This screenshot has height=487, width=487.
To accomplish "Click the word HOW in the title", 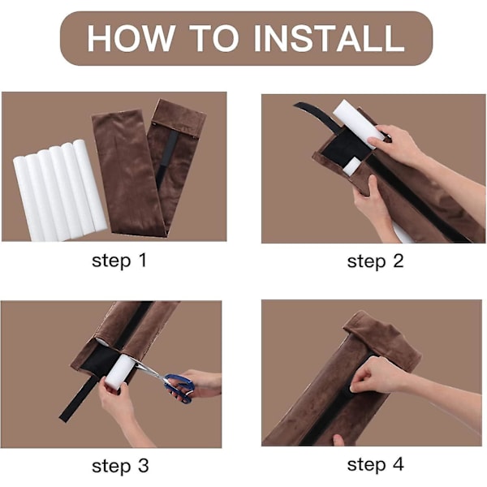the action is tap(130, 38).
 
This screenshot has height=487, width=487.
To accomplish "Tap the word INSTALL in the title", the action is tap(329, 38).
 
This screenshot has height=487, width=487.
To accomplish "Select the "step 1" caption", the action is tap(119, 261).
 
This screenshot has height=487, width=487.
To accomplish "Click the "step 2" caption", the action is tap(375, 261).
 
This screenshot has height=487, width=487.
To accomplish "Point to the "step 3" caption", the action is tap(120, 467).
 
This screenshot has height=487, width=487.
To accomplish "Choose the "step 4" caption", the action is tap(375, 465).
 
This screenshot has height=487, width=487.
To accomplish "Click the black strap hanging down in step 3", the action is tap(78, 399).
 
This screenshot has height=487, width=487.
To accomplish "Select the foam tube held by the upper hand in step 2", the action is tap(358, 123).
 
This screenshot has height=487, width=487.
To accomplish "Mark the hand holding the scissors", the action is tap(199, 384).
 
